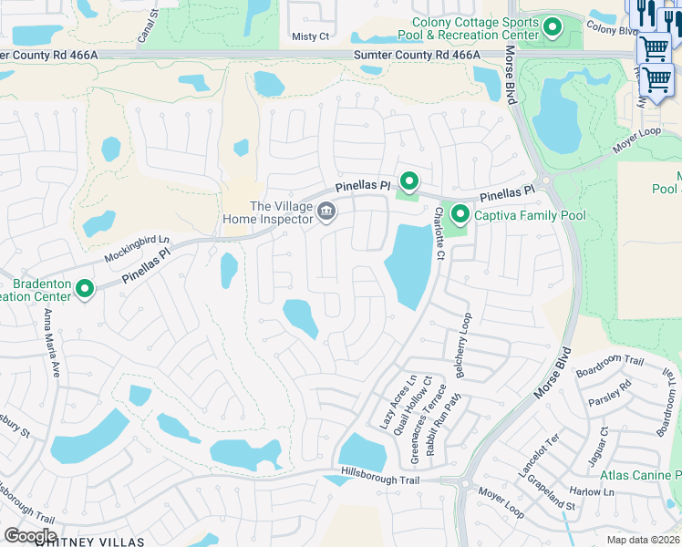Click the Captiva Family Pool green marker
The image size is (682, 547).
click(x=460, y=215)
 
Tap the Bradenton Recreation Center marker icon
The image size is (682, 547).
click(x=85, y=289)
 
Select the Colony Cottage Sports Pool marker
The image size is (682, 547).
click(x=552, y=28)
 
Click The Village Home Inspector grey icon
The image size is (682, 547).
click(x=325, y=212)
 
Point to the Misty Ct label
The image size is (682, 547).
click(x=309, y=36)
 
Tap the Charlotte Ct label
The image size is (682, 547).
click(x=439, y=233)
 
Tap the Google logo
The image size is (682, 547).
click(x=30, y=535)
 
